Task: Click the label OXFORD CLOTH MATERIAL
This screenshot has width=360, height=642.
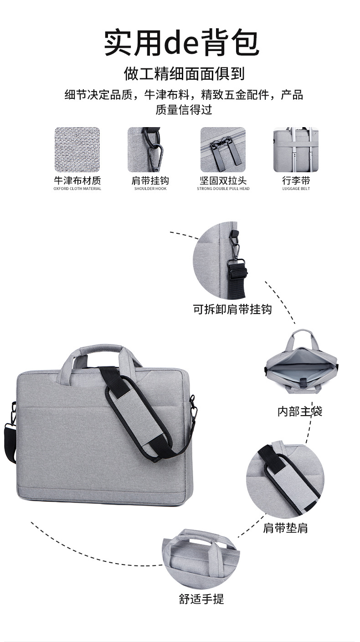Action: pyautogui.click(x=77, y=189)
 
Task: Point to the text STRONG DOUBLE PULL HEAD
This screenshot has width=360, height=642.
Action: pyautogui.click(x=223, y=189)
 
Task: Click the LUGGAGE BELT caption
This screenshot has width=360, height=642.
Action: pyautogui.click(x=296, y=189)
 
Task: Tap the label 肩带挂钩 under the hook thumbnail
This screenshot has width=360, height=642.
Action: pyautogui.click(x=150, y=180)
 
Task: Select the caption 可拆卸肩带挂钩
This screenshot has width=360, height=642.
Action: pyautogui.click(x=232, y=309)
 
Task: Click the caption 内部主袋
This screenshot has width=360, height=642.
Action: pyautogui.click(x=300, y=411)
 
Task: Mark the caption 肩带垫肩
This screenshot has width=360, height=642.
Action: pyautogui.click(x=285, y=528)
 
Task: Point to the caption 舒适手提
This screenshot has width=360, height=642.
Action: pyautogui.click(x=201, y=599)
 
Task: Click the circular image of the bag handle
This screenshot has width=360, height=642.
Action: pyautogui.click(x=201, y=559)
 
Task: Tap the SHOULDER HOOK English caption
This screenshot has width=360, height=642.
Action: pyautogui.click(x=150, y=189)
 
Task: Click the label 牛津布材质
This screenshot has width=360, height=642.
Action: pyautogui.click(x=77, y=180)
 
